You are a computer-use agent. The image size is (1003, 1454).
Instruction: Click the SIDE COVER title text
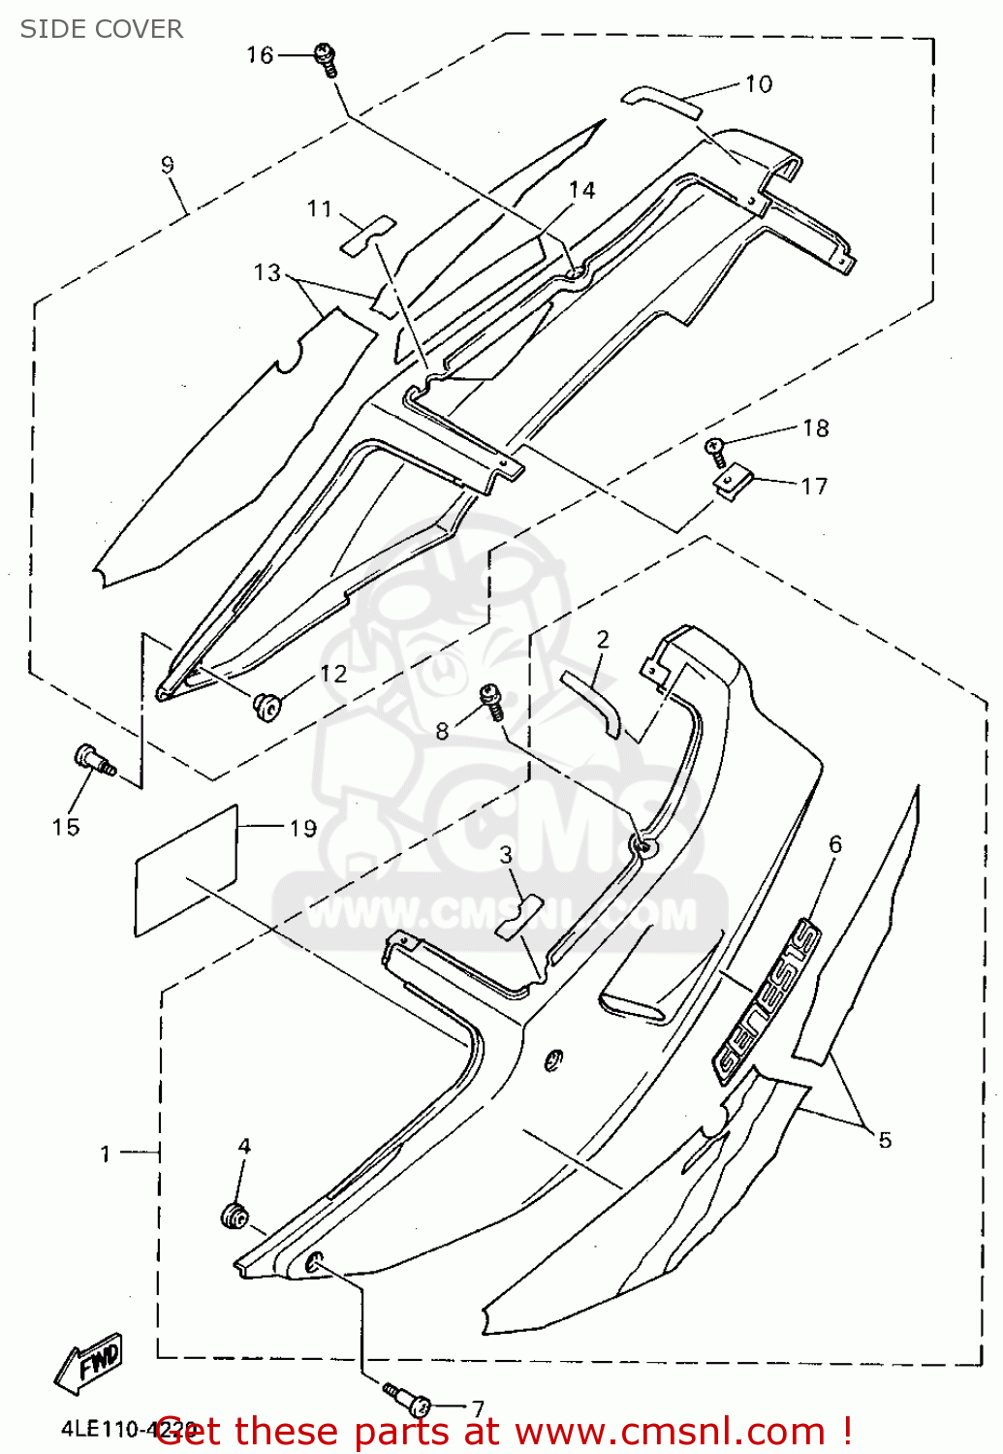point(101,29)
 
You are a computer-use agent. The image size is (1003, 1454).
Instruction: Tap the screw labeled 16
point(325,59)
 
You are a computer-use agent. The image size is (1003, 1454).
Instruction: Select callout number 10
point(759,84)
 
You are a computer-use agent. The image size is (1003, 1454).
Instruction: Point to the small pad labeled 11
point(367,234)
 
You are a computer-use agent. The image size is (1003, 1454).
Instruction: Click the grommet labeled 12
point(266,707)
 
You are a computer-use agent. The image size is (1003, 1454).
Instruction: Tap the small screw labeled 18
point(715,446)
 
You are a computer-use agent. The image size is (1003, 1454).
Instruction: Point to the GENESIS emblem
point(767,1001)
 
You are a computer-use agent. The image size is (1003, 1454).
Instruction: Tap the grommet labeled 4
point(235,1215)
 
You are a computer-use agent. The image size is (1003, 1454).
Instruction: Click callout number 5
point(884,1140)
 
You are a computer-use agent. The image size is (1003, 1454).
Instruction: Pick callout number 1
point(106,1154)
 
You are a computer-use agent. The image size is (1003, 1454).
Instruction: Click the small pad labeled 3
point(516,917)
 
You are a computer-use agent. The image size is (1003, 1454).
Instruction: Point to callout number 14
point(582,190)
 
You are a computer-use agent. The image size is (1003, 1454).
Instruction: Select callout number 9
point(168,165)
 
